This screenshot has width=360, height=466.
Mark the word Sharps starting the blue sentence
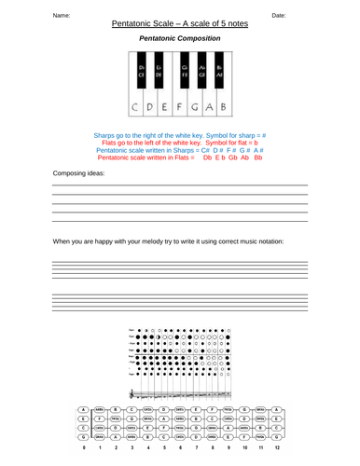click(x=106, y=135)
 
